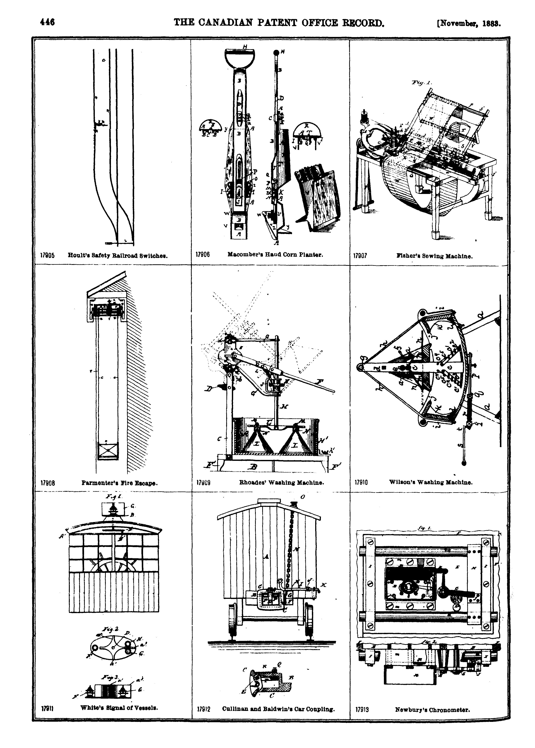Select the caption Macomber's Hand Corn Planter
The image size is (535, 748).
pyautogui.click(x=275, y=254)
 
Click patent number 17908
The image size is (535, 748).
pyautogui.click(x=48, y=483)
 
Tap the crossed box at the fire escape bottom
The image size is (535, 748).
pyautogui.click(x=108, y=450)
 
